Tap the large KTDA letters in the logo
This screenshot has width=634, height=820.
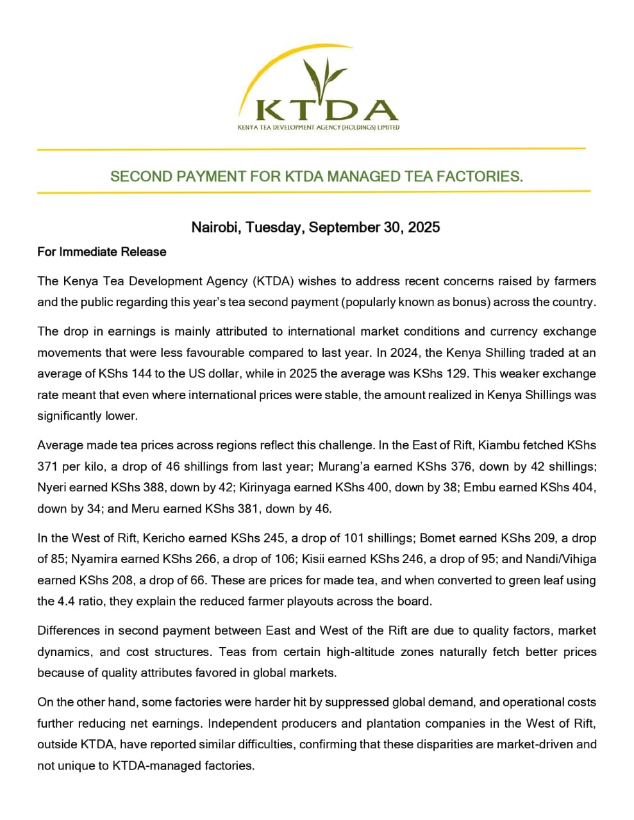click(x=326, y=111)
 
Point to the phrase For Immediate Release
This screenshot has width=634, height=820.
click(x=102, y=252)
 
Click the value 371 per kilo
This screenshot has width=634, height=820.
click(x=49, y=466)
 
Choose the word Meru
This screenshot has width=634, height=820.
click(x=147, y=509)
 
